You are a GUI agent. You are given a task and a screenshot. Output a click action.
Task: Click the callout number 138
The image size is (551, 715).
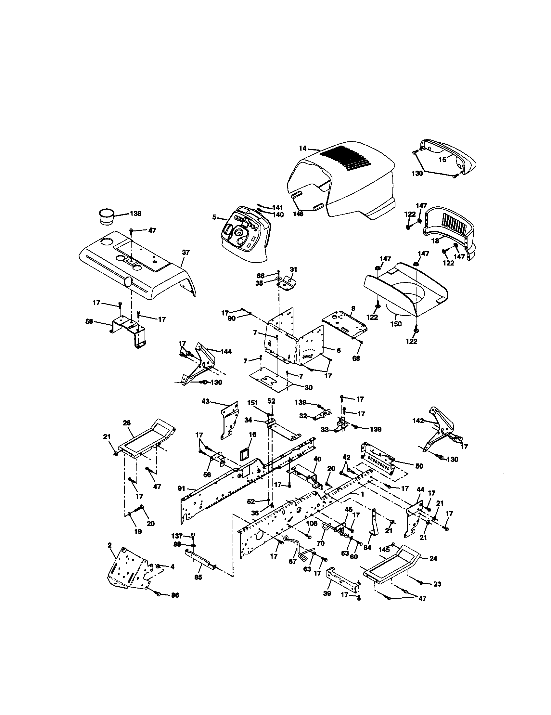[135, 214]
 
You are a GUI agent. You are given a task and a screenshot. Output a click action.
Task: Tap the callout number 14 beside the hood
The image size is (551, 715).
[303, 148]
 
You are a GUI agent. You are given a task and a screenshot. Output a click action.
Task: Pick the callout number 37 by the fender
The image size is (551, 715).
[186, 253]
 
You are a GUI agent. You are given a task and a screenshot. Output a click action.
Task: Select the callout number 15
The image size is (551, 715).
[442, 160]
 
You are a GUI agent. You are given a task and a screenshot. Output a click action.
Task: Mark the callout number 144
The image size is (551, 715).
[226, 351]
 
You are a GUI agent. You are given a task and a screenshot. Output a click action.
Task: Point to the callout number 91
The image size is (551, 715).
[182, 488]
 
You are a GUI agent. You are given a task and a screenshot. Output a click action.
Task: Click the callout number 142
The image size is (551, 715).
[418, 421]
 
